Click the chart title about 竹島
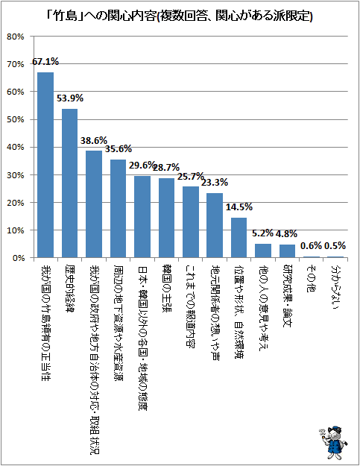180,16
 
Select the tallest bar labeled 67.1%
45,165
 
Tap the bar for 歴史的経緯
70,183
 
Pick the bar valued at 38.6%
94,204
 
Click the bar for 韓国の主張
167,218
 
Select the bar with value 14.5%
239,238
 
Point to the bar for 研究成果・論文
287,251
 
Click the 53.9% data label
70,98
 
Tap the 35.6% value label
119,148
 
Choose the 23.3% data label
215,182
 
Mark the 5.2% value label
262,233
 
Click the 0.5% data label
335,246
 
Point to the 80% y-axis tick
16,37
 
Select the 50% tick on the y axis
16,119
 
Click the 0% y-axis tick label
19,258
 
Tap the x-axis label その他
311,278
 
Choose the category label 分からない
335,287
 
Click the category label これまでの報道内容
190,306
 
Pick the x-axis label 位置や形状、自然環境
239,312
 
